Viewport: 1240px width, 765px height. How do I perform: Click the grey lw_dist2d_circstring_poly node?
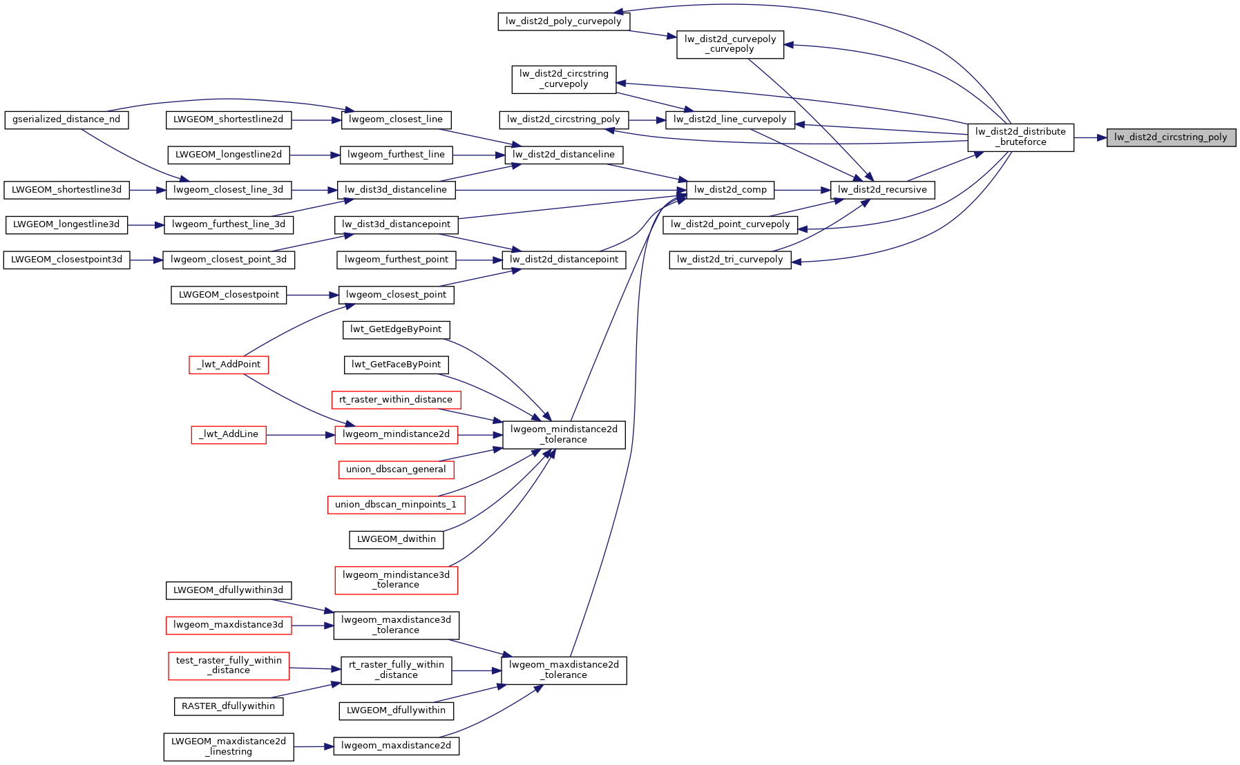[1170, 137]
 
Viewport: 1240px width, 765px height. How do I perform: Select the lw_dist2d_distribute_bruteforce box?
[1020, 137]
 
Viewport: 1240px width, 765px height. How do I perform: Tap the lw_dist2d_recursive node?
[882, 190]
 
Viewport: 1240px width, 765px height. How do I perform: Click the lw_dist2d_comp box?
[730, 190]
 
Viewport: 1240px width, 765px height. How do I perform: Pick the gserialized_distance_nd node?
[66, 119]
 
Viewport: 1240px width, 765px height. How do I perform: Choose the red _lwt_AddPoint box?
[229, 365]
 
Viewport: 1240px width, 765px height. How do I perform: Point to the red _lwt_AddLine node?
[229, 434]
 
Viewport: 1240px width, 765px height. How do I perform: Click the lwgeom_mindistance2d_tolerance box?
[564, 434]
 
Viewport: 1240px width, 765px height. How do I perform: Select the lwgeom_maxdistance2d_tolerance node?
[564, 670]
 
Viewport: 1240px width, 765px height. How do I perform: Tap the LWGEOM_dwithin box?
[396, 539]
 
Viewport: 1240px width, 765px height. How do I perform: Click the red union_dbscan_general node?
[396, 469]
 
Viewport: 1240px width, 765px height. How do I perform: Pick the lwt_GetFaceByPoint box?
[396, 365]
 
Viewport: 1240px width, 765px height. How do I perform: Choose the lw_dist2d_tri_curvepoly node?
[729, 260]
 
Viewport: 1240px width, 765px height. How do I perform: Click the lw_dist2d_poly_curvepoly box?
[563, 21]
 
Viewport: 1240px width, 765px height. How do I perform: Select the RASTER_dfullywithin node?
[228, 706]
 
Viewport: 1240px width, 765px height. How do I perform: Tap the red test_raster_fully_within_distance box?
[229, 666]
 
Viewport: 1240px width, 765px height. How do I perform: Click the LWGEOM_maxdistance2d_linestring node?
[229, 746]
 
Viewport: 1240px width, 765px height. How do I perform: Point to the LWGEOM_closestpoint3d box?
[66, 260]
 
